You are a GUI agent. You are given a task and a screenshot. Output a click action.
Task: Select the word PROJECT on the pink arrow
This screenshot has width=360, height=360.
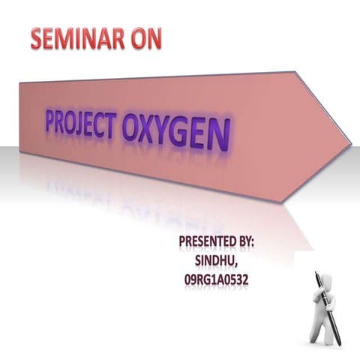click(x=83, y=126)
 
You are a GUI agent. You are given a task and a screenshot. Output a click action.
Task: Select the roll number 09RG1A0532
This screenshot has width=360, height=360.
click(x=217, y=279)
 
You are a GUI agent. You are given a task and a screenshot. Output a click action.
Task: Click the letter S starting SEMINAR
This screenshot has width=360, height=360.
click(x=38, y=39)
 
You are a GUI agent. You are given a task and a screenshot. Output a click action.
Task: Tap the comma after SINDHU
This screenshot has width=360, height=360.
click(x=238, y=266)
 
